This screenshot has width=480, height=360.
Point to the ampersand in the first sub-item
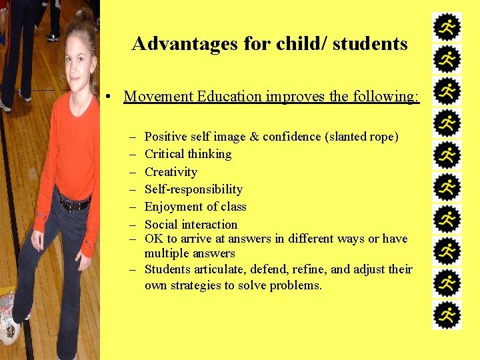coord(254,137)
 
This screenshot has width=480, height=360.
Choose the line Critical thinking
coord(188,154)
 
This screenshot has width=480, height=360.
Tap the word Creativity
coord(171,172)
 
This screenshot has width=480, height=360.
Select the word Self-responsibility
coord(193,189)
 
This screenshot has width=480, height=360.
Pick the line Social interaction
coord(191,225)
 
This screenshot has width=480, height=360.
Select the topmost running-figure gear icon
coord(447,27)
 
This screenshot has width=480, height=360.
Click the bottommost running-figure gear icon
coord(447,315)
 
